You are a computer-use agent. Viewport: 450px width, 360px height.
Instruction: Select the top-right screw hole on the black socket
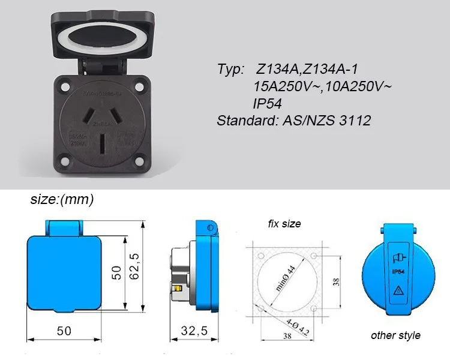coord(140,86)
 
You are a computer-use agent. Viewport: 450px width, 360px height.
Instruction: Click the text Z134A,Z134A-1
coord(308,70)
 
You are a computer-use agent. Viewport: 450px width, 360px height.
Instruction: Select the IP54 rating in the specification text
coord(268,104)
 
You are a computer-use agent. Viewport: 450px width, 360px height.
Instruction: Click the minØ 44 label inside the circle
coord(287,278)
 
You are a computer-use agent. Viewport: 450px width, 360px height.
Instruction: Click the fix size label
coord(284,224)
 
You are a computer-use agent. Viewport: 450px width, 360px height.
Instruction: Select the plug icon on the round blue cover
coord(397,257)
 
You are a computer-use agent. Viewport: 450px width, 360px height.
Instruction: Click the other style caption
coord(395,335)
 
